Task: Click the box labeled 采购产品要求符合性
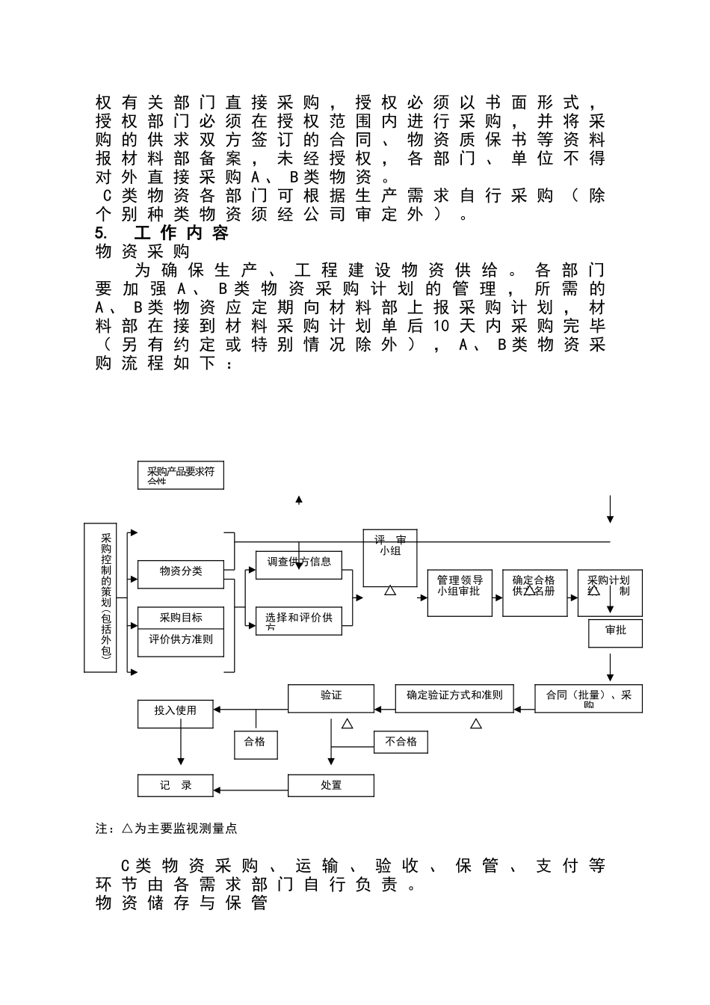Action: pyautogui.click(x=181, y=476)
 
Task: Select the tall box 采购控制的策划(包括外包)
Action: pyautogui.click(x=100, y=597)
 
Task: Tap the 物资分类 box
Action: pyautogui.click(x=181, y=572)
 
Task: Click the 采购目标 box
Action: pyautogui.click(x=181, y=618)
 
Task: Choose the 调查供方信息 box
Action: pyautogui.click(x=299, y=563)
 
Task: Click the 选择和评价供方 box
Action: pyautogui.click(x=299, y=620)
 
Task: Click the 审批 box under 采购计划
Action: pyautogui.click(x=616, y=633)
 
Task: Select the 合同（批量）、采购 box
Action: pyautogui.click(x=589, y=698)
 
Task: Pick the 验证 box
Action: pyautogui.click(x=331, y=697)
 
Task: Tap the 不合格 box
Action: pyautogui.click(x=401, y=742)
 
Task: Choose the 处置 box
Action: pyautogui.click(x=331, y=785)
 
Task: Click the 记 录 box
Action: pyautogui.click(x=176, y=785)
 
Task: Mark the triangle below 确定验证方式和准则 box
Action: pyautogui.click(x=476, y=724)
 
